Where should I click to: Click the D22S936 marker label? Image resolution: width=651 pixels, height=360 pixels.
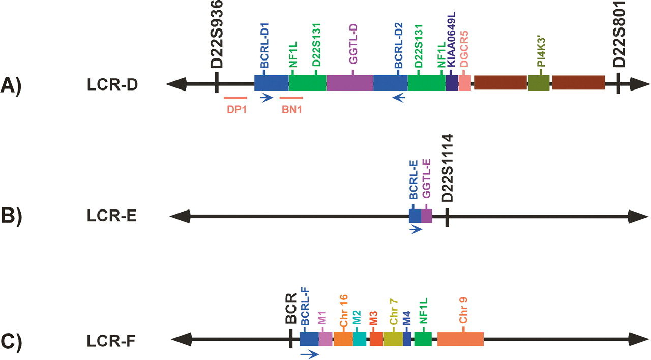[x=217, y=34]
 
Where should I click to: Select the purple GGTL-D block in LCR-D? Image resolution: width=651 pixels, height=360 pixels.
[x=349, y=83]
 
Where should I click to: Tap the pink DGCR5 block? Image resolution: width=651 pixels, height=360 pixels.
[x=465, y=83]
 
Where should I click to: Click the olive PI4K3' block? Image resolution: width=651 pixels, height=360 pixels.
[x=539, y=83]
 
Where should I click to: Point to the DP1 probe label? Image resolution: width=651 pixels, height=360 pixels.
[x=236, y=109]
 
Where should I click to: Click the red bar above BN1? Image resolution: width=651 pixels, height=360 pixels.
[x=291, y=98]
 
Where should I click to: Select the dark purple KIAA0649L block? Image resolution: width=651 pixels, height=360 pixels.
[x=452, y=83]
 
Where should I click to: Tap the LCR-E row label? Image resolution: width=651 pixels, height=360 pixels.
[x=111, y=216]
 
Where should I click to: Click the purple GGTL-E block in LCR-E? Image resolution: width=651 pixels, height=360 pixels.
[x=427, y=216]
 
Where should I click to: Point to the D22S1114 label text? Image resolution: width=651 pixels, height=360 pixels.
[x=447, y=168]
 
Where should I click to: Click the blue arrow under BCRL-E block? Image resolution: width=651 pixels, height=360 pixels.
[x=416, y=230]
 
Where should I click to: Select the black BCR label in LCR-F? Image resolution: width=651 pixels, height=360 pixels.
[x=291, y=309]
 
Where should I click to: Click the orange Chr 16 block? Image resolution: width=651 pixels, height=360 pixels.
[x=343, y=339]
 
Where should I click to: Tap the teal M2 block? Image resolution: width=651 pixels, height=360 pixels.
[x=360, y=339]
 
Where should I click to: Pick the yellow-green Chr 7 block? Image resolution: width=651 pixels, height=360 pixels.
[x=393, y=339]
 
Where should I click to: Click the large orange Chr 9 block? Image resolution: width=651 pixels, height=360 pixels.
[x=460, y=339]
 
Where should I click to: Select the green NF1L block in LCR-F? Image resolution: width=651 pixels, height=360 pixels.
[x=423, y=339]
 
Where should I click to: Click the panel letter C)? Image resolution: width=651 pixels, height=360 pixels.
[x=11, y=341]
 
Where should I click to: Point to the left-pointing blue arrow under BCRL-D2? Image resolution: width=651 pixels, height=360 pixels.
[x=398, y=98]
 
